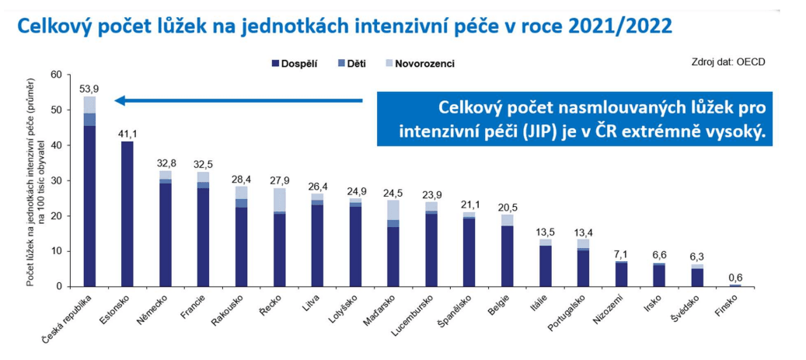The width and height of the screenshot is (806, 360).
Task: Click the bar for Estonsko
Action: [x=127, y=214]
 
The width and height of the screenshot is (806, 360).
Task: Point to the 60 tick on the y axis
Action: [x=54, y=75]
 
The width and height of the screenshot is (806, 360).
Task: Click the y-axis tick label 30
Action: [x=54, y=181]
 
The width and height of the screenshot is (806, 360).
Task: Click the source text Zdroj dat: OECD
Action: [x=727, y=61]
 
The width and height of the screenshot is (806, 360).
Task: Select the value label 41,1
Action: [x=127, y=134]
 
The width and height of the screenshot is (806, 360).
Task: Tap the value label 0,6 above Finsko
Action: [x=736, y=277]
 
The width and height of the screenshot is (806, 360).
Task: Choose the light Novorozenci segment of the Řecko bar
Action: [x=279, y=199]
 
